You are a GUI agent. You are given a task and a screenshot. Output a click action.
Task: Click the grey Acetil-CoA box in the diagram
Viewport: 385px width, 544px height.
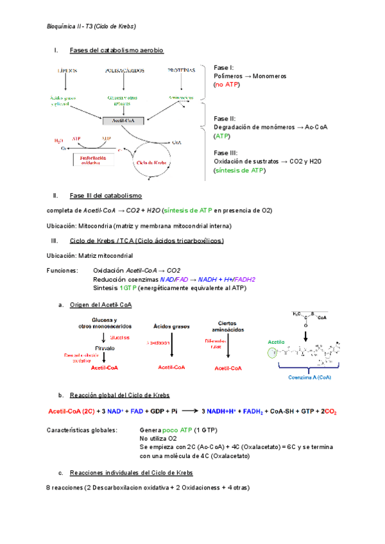125,120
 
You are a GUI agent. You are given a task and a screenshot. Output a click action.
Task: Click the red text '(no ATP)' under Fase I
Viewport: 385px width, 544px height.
227,85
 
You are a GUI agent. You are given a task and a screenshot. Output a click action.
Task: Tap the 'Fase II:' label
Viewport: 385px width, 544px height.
225,119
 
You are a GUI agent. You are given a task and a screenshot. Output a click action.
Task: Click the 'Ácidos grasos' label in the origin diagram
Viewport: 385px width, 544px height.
171,326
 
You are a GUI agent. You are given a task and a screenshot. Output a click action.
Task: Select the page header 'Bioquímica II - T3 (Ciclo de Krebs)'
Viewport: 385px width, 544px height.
91,26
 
